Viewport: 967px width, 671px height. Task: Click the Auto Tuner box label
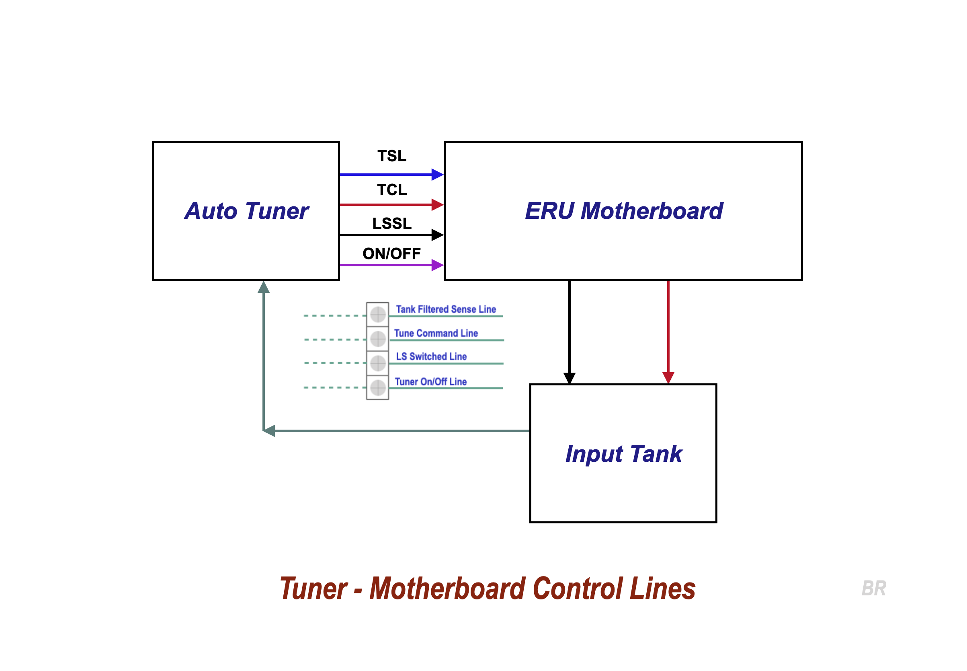(x=247, y=211)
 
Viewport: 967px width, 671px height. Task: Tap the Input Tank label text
(x=623, y=454)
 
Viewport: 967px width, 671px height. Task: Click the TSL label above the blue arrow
(x=391, y=156)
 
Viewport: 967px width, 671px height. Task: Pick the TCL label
(x=391, y=189)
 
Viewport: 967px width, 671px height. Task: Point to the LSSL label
(x=391, y=223)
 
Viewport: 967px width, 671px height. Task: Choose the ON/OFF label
(x=391, y=253)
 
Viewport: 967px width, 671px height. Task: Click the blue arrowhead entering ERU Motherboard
(x=437, y=175)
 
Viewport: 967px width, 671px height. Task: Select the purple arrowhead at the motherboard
(x=437, y=265)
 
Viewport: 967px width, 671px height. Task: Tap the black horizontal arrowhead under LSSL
(x=437, y=235)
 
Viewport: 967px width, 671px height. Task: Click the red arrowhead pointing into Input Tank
(x=668, y=378)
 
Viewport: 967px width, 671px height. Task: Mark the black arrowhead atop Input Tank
(x=569, y=378)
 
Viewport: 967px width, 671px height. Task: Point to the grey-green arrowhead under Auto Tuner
(x=263, y=288)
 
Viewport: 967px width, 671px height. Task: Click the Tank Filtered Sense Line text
(x=446, y=309)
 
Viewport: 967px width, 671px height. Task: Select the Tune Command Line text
(x=436, y=333)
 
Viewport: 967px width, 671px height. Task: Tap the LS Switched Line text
(x=431, y=356)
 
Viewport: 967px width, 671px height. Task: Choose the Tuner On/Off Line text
(x=430, y=382)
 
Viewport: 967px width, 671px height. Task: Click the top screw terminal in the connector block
(x=378, y=315)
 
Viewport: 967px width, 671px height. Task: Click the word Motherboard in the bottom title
(x=447, y=588)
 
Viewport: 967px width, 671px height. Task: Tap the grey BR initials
(x=873, y=588)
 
